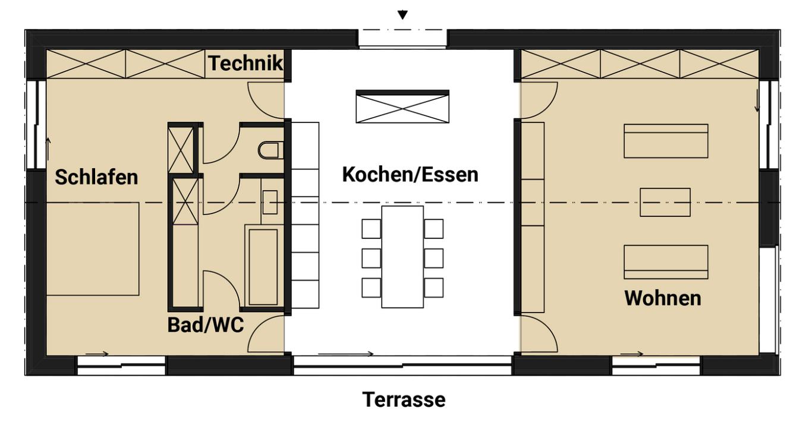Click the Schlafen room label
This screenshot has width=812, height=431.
(x=96, y=177)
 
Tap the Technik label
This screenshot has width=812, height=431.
(x=245, y=64)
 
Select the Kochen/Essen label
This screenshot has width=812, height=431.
(x=410, y=175)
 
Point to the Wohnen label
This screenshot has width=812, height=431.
(x=662, y=298)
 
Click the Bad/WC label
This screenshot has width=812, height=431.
(x=206, y=325)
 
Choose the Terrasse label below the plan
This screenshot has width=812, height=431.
(x=404, y=400)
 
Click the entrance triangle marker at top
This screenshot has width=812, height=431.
(x=403, y=15)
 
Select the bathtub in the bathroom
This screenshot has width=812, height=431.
(x=263, y=266)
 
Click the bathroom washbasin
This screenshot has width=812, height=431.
(x=270, y=202)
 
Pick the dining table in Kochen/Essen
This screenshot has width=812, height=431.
(x=402, y=257)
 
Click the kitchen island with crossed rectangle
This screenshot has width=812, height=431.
(x=402, y=106)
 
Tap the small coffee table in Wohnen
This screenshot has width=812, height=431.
(x=665, y=202)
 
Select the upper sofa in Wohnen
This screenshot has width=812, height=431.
(x=665, y=141)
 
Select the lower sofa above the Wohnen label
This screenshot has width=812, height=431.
(x=665, y=262)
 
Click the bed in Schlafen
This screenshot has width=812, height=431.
(x=93, y=248)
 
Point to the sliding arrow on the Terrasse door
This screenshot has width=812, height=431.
(x=345, y=354)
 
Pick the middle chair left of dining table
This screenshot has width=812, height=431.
(x=371, y=258)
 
